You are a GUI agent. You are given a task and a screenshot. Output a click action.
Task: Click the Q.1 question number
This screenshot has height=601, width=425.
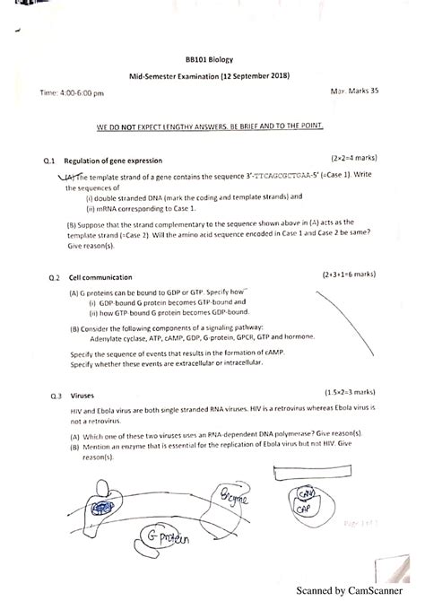click(x=49, y=160)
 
